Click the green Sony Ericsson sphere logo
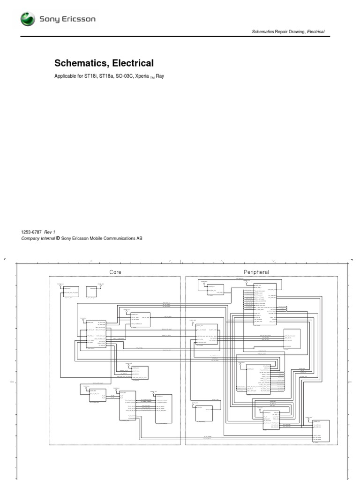[28, 19]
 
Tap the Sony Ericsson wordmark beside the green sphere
[67, 20]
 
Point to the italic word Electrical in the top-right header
[316, 32]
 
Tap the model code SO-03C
[125, 76]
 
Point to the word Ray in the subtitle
[160, 76]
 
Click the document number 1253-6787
[31, 232]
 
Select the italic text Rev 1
[50, 232]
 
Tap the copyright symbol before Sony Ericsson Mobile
[58, 238]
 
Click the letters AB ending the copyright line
[139, 238]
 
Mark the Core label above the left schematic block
[115, 272]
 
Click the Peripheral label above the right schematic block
[256, 272]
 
